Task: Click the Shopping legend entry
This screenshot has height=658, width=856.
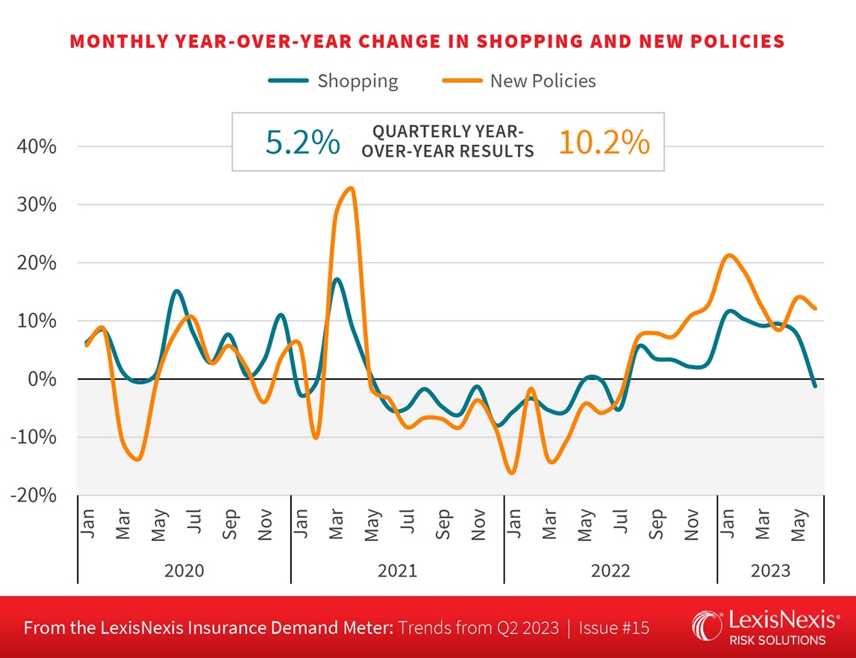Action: point(334,81)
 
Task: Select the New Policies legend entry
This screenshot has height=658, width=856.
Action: point(519,81)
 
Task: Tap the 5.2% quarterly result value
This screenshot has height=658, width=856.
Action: point(303,142)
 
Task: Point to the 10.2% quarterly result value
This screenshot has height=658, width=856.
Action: point(604,142)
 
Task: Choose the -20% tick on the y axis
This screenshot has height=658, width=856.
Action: point(34,495)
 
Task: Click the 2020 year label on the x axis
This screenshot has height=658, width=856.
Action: point(184,571)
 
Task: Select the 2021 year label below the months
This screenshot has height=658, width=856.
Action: point(397,571)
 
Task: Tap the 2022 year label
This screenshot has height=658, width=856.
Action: point(610,571)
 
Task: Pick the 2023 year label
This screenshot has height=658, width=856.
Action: point(770,571)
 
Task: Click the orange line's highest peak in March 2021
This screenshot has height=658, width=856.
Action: point(351,188)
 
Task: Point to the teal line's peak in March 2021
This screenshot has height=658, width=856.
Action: point(337,280)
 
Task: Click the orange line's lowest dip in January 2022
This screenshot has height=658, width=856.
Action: point(512,472)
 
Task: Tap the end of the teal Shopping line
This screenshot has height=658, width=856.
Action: point(815,386)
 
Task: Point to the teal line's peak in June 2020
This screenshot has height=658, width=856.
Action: point(176,291)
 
